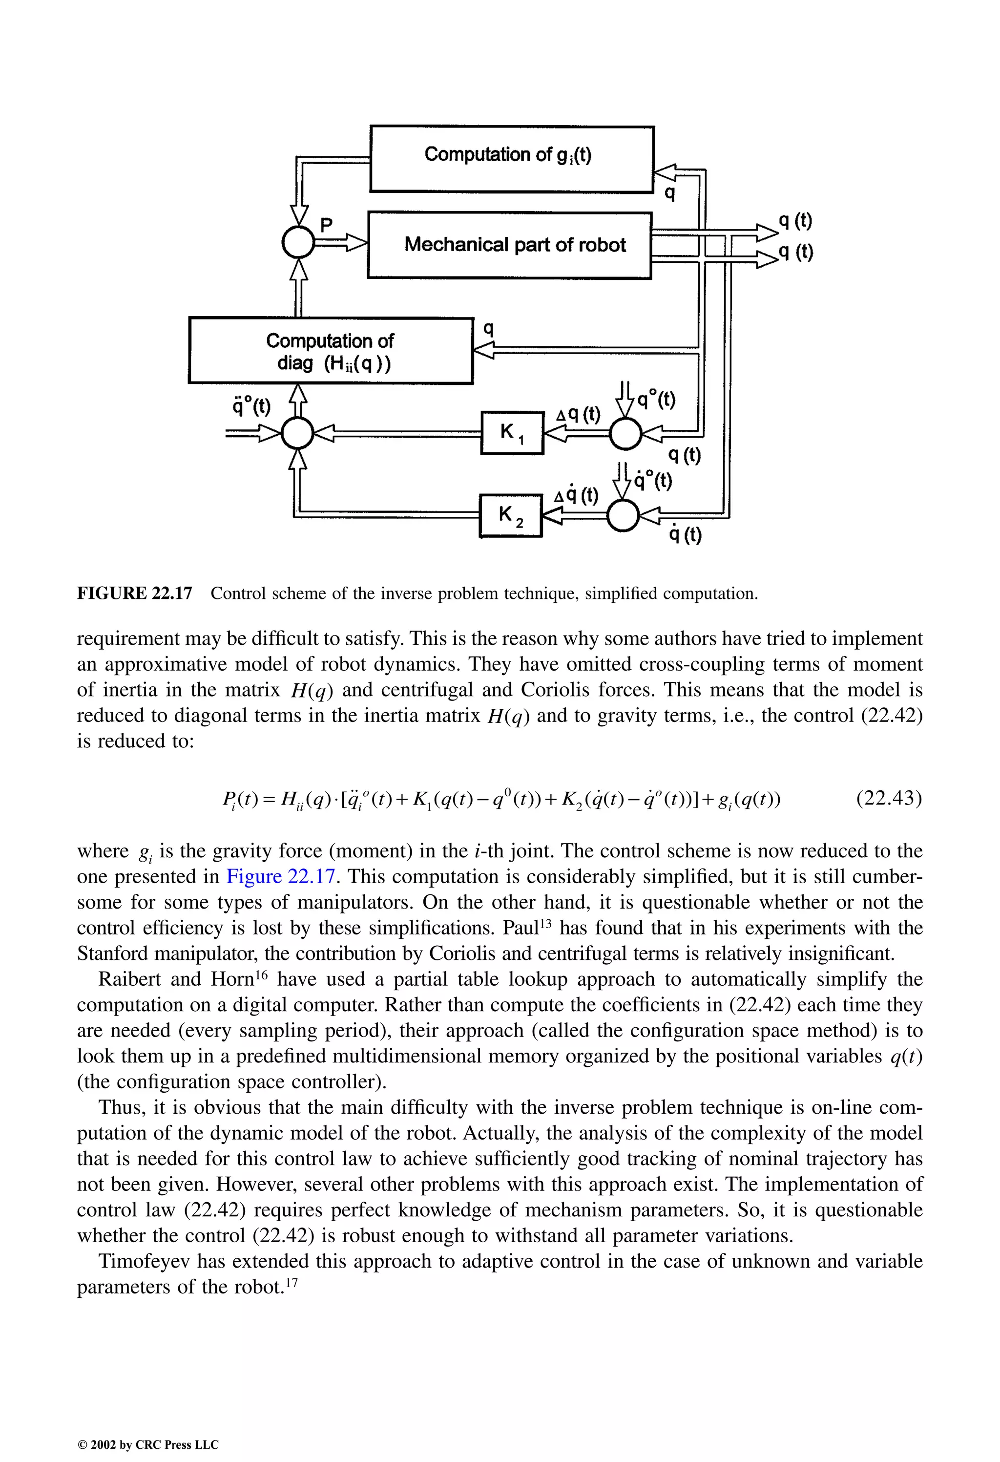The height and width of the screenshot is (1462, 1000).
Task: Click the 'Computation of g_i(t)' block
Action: pyautogui.click(x=511, y=159)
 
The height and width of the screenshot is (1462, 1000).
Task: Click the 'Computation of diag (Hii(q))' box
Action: pyautogui.click(x=330, y=350)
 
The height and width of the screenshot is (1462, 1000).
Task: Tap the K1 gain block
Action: pyautogui.click(x=511, y=432)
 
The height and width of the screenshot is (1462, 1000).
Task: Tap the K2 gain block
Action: pyautogui.click(x=510, y=515)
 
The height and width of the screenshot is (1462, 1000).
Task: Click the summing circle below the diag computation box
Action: pyautogui.click(x=297, y=433)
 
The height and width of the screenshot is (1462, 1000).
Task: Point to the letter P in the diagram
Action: pyautogui.click(x=326, y=225)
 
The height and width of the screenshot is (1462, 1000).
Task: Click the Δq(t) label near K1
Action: pyautogui.click(x=579, y=415)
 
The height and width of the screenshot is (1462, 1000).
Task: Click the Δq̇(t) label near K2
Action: pyautogui.click(x=576, y=496)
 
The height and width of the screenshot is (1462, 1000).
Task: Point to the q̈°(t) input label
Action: pyautogui.click(x=251, y=406)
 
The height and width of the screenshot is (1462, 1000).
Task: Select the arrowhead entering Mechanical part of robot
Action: pyautogui.click(x=357, y=242)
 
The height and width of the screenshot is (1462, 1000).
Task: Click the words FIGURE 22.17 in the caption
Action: pyautogui.click(x=134, y=593)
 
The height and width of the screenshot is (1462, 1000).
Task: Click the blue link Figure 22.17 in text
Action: pyautogui.click(x=280, y=876)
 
